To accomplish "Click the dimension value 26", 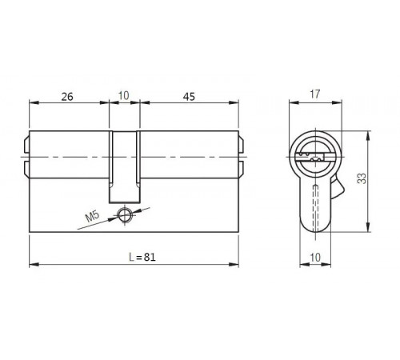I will tap(67, 96).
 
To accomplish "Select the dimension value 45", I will tap(189, 96).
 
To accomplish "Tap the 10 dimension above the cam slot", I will tap(123, 96).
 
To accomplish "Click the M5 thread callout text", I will tap(90, 216).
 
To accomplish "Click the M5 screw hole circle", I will tap(124, 214).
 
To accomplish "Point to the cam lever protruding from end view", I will tap(335, 190).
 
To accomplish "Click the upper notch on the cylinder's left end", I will tap(27, 146).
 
